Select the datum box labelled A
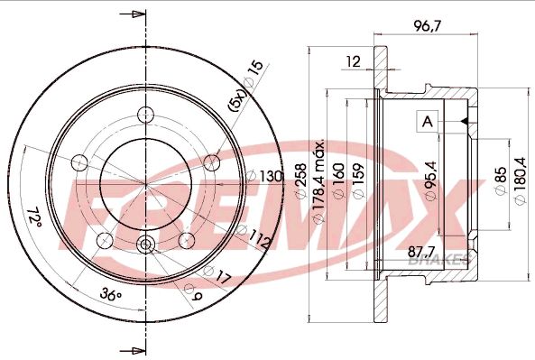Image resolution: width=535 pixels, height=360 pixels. (x=426, y=121)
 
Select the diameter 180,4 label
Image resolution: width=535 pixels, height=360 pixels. (x=519, y=181)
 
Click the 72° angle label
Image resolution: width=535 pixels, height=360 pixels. (x=35, y=217)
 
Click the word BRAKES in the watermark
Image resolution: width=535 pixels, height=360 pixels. (x=441, y=259)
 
